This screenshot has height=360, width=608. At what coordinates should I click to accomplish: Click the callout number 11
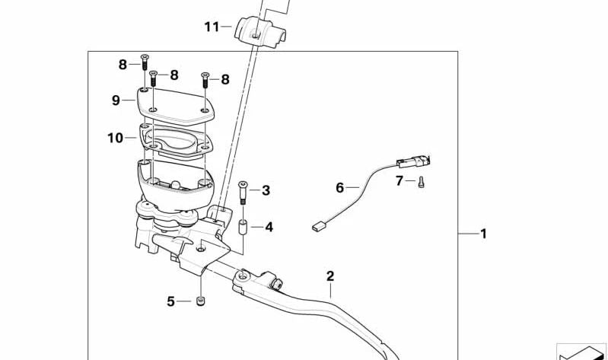point(211,27)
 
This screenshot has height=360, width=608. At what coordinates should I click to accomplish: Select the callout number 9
point(116,100)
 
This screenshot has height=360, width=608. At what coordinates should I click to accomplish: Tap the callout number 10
point(115,139)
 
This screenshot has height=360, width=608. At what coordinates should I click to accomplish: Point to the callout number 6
point(339,187)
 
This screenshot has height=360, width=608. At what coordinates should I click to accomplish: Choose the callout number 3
point(266,190)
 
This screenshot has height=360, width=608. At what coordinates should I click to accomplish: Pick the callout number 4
point(269,227)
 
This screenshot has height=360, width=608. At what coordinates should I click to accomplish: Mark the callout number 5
point(170,301)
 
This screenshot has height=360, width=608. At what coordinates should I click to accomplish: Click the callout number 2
point(330,276)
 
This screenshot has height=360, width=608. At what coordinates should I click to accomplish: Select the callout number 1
point(482,234)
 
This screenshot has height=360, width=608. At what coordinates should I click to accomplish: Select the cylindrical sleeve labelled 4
point(244,226)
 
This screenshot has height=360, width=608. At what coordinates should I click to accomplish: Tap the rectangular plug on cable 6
point(318,226)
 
